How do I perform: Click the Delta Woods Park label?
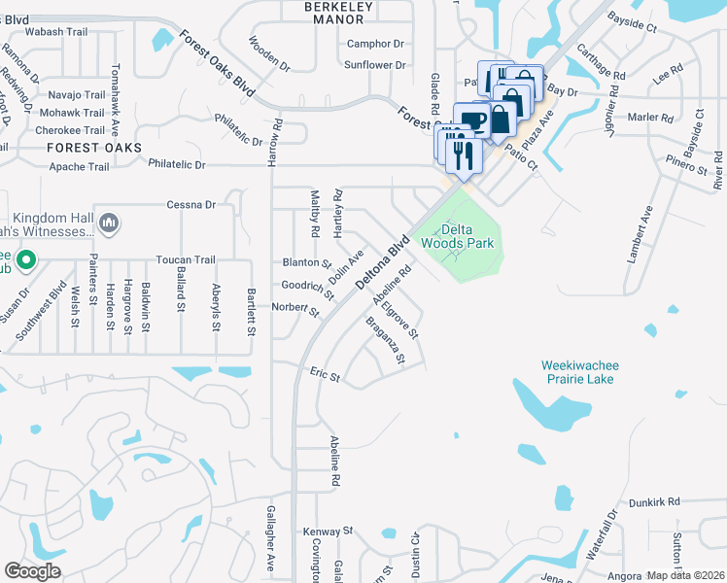(x=456, y=236)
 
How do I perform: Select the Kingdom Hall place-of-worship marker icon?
(x=109, y=225)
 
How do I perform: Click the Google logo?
(x=32, y=570)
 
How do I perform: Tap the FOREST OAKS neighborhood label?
(x=93, y=148)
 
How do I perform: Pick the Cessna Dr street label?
(x=190, y=205)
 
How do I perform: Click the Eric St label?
(x=325, y=375)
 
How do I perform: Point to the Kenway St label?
(x=328, y=532)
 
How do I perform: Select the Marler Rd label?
(x=651, y=118)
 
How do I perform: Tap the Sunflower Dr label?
(x=375, y=65)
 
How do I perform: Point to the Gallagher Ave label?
(x=271, y=545)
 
